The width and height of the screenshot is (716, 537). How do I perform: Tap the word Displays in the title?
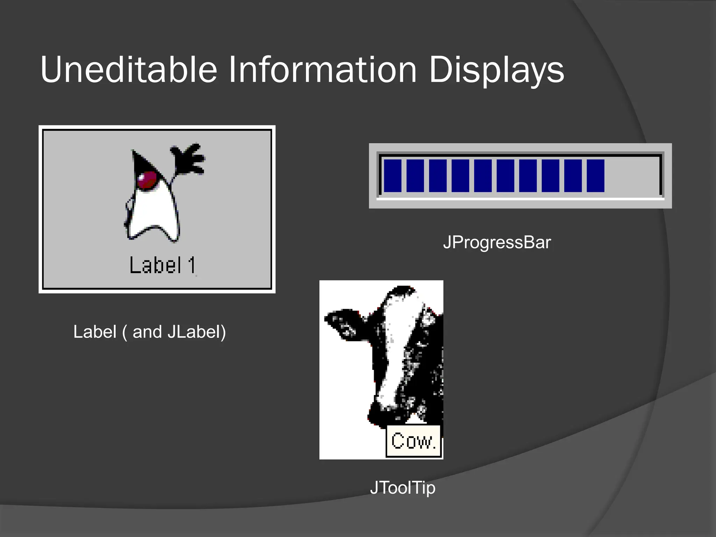(x=496, y=70)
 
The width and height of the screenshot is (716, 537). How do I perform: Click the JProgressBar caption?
(x=497, y=242)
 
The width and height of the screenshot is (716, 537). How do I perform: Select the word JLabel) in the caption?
(x=196, y=331)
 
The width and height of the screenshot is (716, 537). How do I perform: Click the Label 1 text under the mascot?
(x=163, y=265)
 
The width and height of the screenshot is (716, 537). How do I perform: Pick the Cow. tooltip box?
(x=414, y=441)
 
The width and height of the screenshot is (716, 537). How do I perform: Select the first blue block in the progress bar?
(x=393, y=176)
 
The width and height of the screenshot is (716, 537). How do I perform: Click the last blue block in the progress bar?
(x=595, y=176)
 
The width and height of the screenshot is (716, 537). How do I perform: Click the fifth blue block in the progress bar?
(x=483, y=176)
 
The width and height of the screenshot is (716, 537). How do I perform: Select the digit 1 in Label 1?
(x=191, y=265)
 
